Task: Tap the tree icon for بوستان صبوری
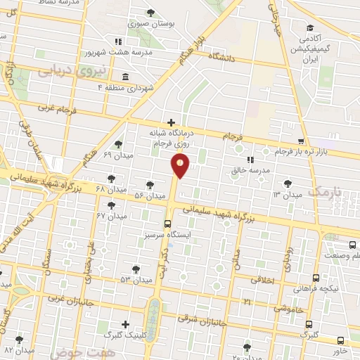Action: (151, 13)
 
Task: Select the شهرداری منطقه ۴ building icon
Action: (125, 76)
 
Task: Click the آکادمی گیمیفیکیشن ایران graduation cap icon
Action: (310, 28)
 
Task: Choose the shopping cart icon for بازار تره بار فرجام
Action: (301, 141)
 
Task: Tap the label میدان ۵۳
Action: (117, 280)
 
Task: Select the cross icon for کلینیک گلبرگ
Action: (125, 324)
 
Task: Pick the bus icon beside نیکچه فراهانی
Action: (316, 278)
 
